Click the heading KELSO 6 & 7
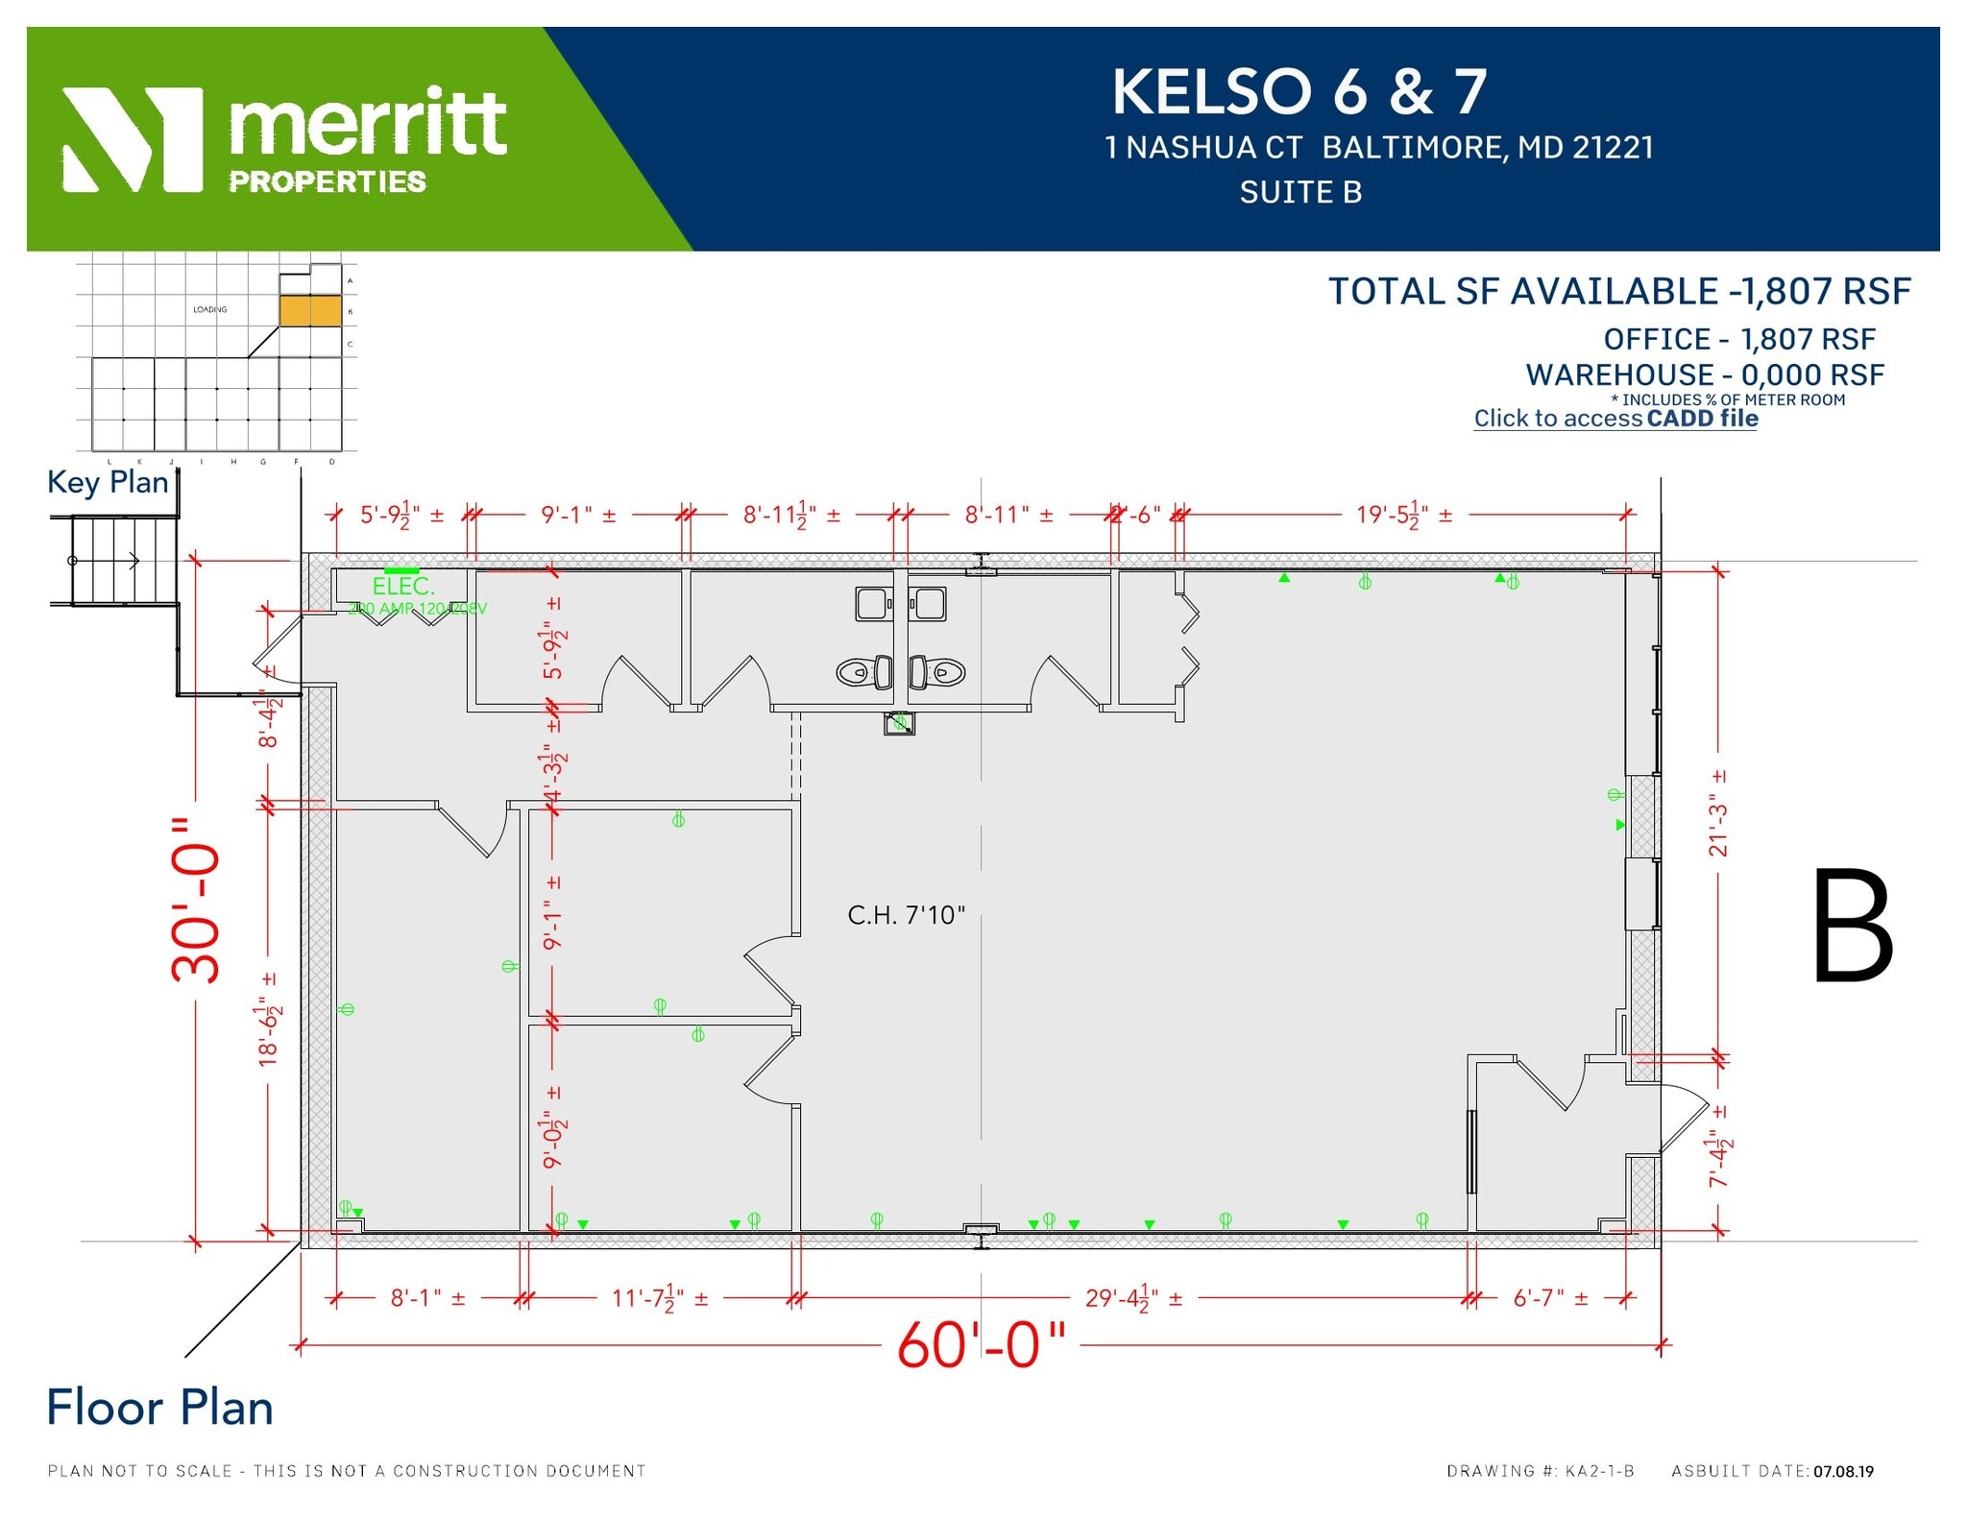(1299, 92)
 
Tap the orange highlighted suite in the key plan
(310, 311)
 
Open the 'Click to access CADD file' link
(1615, 419)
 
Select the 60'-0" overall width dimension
(981, 1344)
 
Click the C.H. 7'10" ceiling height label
(906, 915)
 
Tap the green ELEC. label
(403, 586)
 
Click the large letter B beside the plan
(1852, 926)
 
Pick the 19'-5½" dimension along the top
(1403, 516)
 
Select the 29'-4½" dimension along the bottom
(1133, 1299)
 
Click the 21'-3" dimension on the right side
(1718, 812)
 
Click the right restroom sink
(929, 604)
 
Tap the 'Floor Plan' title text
(160, 1408)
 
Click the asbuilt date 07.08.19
(1843, 1471)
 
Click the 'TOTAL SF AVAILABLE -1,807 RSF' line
(1619, 292)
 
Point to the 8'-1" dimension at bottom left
(427, 1299)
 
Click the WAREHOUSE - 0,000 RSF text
(1705, 374)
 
